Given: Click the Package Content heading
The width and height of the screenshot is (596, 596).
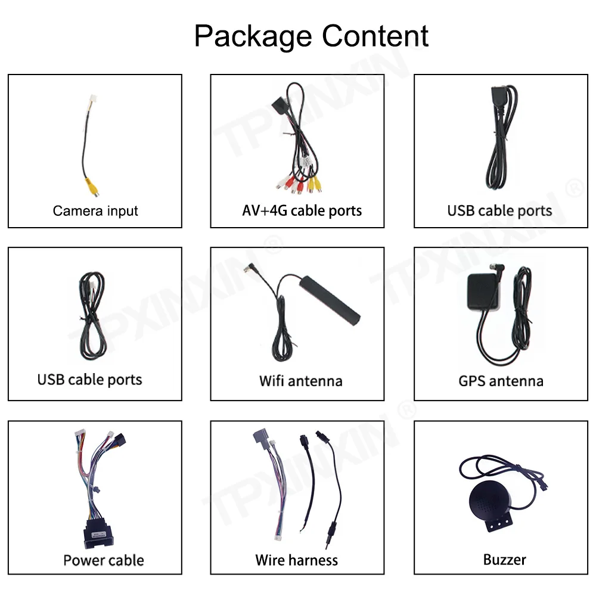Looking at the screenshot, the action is (311, 36).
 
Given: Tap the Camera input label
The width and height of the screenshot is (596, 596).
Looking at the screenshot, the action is (95, 210).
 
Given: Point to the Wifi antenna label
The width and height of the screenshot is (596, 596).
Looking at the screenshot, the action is (300, 381).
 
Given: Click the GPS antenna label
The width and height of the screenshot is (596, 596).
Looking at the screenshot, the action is (501, 381).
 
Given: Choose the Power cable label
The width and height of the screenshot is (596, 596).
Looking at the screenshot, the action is (104, 560).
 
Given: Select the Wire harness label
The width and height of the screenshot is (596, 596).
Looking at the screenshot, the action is (296, 560).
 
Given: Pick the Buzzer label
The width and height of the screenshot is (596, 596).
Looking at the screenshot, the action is (504, 560).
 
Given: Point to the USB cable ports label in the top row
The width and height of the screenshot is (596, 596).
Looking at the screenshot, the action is (499, 210).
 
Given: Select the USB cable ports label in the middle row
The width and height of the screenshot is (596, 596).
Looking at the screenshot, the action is (89, 380).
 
